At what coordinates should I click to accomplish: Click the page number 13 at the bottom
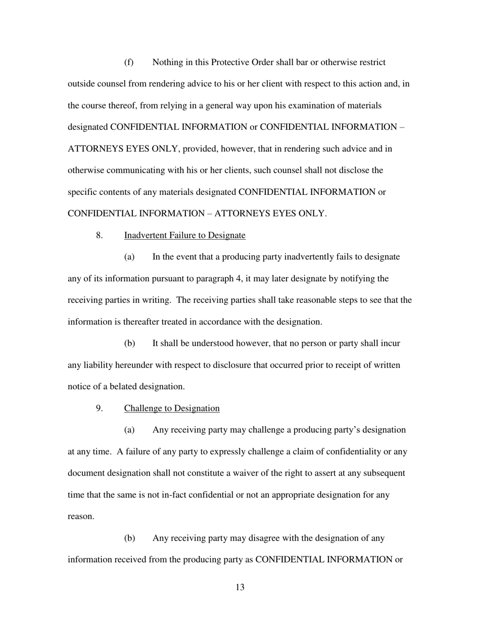(x=240, y=587)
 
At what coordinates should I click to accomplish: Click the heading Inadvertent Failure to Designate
(x=184, y=235)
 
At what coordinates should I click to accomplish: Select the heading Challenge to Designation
(x=172, y=408)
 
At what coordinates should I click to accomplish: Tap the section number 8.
(x=100, y=235)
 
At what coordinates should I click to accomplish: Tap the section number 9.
(x=100, y=408)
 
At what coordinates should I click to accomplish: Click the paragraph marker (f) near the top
(x=129, y=63)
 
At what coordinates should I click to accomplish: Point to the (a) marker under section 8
(x=129, y=257)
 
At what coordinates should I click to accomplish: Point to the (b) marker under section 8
(x=129, y=343)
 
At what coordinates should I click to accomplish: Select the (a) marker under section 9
(x=129, y=430)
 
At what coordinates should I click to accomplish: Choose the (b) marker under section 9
(x=129, y=538)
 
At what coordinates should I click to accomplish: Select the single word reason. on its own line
(x=81, y=516)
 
